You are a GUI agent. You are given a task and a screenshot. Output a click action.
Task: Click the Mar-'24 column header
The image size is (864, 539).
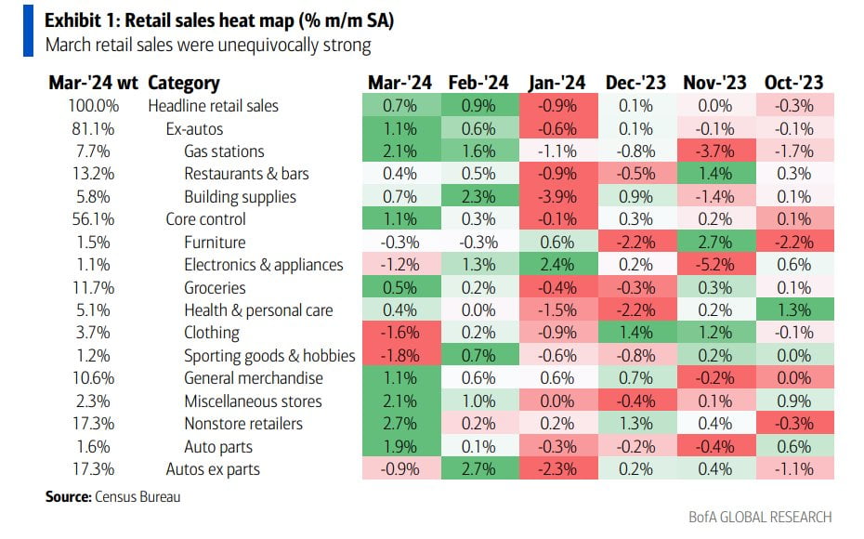tap(399, 83)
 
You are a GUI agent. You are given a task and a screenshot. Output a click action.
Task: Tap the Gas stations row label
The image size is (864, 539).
tap(224, 151)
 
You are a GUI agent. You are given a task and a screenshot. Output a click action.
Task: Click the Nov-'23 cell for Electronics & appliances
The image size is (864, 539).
tap(716, 265)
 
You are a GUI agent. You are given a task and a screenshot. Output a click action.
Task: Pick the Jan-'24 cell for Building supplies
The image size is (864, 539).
tap(557, 196)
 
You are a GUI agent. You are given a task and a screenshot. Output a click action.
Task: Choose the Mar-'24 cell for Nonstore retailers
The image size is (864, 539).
tap(399, 424)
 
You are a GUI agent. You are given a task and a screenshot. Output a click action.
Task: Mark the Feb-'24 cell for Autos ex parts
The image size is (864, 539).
tap(478, 469)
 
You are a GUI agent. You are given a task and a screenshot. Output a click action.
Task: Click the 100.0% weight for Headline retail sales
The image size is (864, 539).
tap(94, 105)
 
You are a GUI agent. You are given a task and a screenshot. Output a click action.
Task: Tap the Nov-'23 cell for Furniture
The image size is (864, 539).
tap(716, 242)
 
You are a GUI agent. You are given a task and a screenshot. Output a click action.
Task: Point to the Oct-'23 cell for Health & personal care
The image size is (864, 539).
tap(795, 310)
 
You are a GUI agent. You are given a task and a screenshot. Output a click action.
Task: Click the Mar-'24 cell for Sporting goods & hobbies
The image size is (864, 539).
tap(399, 356)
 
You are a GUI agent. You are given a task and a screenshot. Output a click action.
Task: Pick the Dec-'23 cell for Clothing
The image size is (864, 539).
tap(637, 333)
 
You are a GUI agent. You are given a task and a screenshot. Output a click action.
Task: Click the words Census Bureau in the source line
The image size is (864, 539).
tap(137, 497)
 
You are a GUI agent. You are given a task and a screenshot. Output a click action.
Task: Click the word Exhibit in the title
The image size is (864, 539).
tap(74, 20)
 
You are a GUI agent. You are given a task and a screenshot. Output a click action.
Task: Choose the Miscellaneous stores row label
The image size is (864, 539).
tap(253, 401)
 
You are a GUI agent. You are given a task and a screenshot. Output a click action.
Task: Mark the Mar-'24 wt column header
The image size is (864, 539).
tap(93, 83)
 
